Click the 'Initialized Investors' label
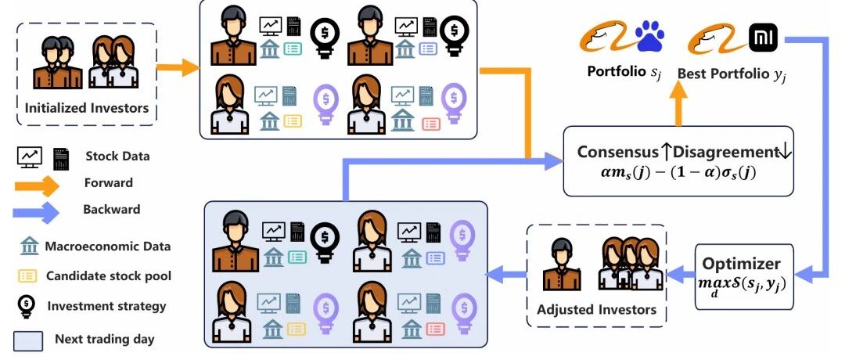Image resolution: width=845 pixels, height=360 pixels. [x=87, y=107]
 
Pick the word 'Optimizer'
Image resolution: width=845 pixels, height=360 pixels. [x=741, y=264]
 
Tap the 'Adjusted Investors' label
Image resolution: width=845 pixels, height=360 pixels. [x=596, y=310]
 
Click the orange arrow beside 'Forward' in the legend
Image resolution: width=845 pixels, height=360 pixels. [x=35, y=185]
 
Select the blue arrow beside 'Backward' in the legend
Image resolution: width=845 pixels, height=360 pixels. [x=35, y=212]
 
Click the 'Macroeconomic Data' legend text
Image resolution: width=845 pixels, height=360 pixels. [x=108, y=247]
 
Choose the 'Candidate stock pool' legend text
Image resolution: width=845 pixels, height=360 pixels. [x=109, y=276]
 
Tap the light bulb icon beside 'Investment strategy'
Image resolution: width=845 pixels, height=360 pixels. [x=27, y=306]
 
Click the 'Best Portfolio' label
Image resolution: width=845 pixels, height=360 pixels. [x=732, y=74]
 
